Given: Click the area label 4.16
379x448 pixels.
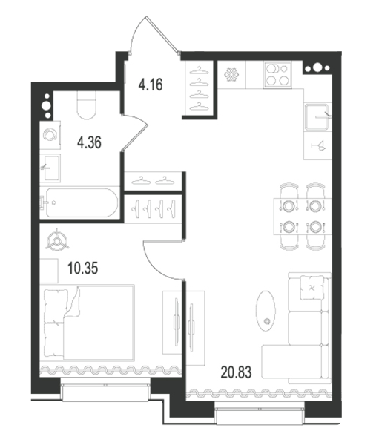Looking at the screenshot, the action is (151, 85).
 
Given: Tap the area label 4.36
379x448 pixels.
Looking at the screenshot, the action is (89, 142).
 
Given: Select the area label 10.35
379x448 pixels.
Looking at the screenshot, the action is (83, 269).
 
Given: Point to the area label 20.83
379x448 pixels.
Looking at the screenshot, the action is (236, 372).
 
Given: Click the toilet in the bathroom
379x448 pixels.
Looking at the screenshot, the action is (87, 105).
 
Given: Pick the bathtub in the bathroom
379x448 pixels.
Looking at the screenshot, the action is (82, 202).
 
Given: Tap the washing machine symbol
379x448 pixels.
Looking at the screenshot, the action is (50, 135).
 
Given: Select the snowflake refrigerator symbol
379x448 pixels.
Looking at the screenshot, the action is (231, 75).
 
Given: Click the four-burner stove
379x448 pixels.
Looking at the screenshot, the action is (277, 75).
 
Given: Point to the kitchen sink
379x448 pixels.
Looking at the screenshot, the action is (317, 117).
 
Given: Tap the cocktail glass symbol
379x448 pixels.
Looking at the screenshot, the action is (318, 145).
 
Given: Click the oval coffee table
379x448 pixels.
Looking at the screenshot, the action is (266, 311).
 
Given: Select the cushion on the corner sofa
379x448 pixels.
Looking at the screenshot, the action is (312, 288).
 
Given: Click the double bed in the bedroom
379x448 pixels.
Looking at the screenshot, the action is (89, 322).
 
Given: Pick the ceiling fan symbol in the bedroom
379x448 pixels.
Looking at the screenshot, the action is (58, 241).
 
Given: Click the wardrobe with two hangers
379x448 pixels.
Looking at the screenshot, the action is (153, 181).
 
